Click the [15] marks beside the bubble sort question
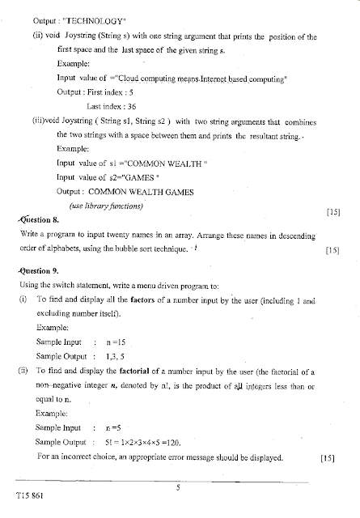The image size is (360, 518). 331,250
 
